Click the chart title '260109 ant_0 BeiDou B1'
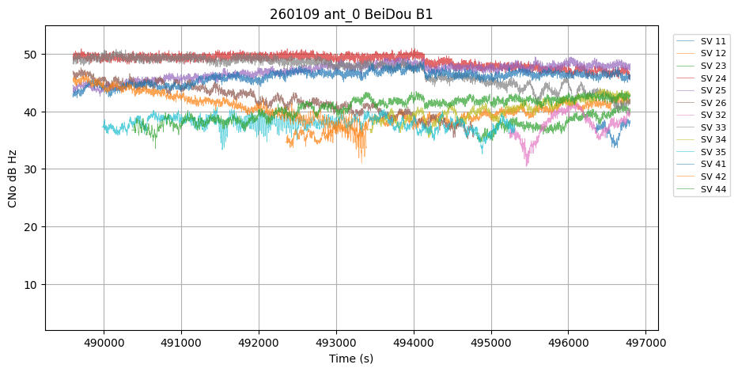pos(351,14)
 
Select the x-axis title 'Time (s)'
pos(351,359)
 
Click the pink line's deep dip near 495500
pos(527,164)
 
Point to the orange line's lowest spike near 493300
pos(362,161)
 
